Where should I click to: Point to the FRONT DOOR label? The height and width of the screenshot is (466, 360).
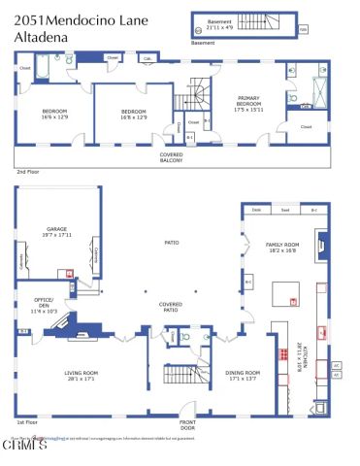186,425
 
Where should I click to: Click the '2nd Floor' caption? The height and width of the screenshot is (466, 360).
26,171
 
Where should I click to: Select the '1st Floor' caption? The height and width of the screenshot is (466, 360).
26,422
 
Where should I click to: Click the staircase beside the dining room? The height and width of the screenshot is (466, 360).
180,375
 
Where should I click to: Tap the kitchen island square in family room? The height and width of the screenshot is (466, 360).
283,292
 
